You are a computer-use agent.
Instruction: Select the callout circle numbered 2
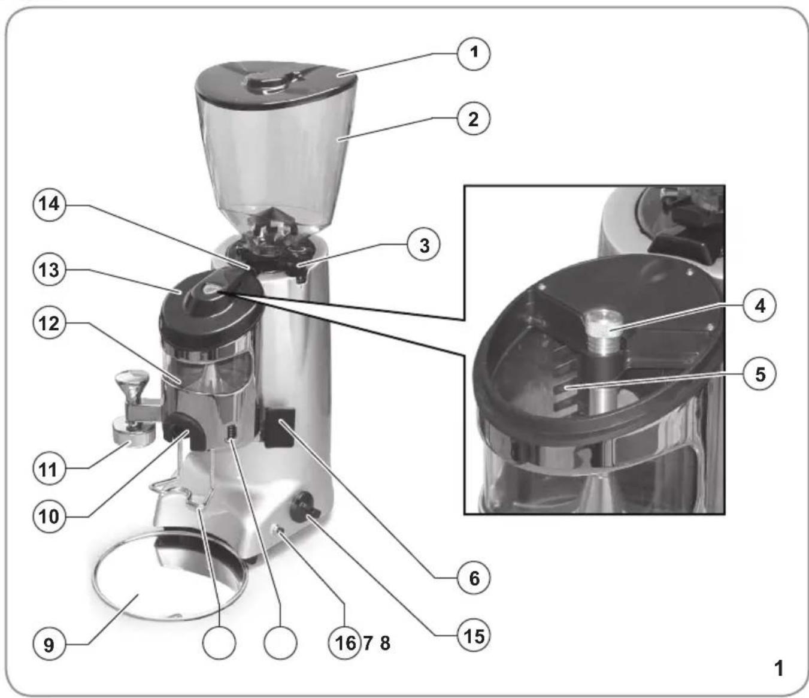pyautogui.click(x=474, y=119)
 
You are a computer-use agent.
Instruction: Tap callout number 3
pyautogui.click(x=425, y=246)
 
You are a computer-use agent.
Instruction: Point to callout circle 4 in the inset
pyautogui.click(x=760, y=306)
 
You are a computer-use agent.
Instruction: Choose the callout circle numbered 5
pyautogui.click(x=760, y=374)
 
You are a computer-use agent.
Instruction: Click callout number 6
pyautogui.click(x=474, y=578)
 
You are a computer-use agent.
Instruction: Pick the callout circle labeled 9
pyautogui.click(x=49, y=645)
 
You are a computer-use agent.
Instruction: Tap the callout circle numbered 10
pyautogui.click(x=49, y=516)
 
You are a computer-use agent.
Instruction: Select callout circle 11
pyautogui.click(x=49, y=469)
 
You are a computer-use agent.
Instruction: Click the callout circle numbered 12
pyautogui.click(x=49, y=324)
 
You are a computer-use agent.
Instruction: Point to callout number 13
pyautogui.click(x=49, y=270)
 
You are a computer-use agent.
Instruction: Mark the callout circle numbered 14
pyautogui.click(x=49, y=204)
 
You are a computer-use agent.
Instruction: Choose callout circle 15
pyautogui.click(x=474, y=636)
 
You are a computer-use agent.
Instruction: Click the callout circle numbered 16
pyautogui.click(x=344, y=643)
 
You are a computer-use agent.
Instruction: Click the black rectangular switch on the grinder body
pyautogui.click(x=279, y=428)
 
